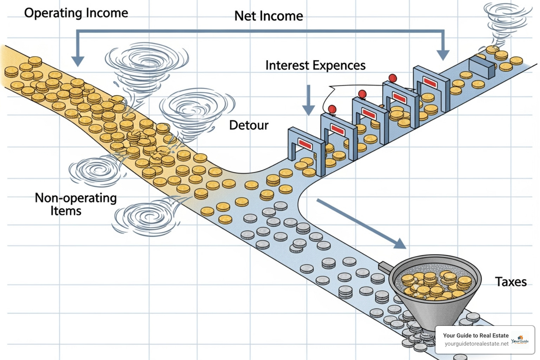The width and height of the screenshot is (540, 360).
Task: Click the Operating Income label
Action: point(76,13)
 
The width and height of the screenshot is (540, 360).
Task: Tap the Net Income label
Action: point(269,16)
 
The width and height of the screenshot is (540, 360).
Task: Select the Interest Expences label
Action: point(315,65)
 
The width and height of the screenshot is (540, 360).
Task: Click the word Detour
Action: point(249,125)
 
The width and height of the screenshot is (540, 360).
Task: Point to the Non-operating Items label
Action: point(75,204)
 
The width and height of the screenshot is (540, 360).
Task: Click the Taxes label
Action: point(510,282)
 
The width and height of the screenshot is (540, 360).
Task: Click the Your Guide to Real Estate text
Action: point(476,336)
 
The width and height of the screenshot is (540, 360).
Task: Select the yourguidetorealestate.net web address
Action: point(476,344)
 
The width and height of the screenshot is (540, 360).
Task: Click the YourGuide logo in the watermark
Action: point(520,340)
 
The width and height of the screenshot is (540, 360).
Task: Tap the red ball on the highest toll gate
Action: point(393,78)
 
